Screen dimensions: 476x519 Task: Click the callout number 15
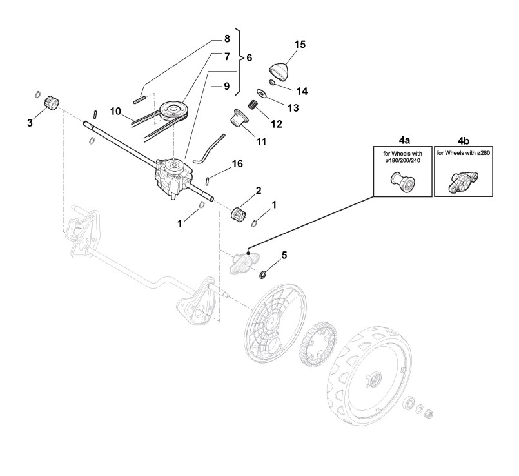[x=300, y=44]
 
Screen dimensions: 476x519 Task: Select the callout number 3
[x=30, y=122]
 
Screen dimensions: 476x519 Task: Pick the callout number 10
[x=115, y=112]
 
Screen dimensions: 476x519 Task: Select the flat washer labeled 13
[x=261, y=93]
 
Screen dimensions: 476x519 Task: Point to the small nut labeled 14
[x=273, y=83]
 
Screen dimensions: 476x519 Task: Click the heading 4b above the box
[x=464, y=138]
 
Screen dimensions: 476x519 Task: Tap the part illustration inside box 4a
[x=401, y=183]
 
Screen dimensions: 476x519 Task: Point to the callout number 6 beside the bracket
[x=249, y=57]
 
